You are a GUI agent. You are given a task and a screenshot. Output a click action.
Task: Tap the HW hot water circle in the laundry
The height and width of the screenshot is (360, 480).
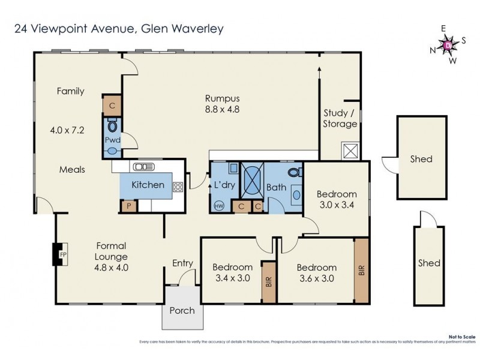click(217, 206)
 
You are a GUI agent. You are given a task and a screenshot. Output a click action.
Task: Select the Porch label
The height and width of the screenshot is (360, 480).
click(182, 310)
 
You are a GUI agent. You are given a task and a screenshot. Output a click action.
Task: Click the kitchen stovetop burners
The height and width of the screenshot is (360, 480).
click(178, 187)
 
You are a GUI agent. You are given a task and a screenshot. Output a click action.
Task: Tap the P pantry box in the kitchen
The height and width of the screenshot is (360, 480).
click(127, 206)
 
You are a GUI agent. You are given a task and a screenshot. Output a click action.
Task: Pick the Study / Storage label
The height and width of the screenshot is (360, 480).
click(340, 118)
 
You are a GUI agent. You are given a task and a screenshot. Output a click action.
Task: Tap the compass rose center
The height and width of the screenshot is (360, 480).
click(448, 44)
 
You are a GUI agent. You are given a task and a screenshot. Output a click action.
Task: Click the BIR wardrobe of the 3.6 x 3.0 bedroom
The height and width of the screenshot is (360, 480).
click(361, 271)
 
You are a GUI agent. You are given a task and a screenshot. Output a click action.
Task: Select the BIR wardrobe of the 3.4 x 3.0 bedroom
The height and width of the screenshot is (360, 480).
click(268, 281)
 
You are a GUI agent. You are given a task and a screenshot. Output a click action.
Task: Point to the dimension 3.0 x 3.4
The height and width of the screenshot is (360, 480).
click(337, 205)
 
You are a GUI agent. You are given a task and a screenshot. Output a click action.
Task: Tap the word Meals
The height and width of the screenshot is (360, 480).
click(72, 170)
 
